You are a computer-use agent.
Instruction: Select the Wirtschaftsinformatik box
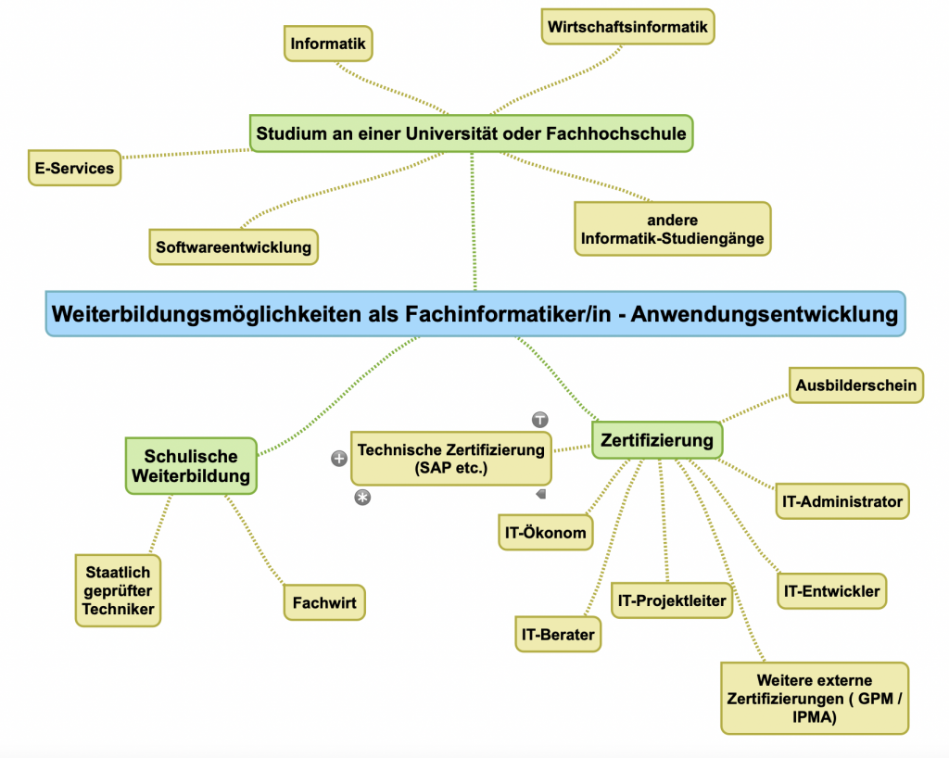pos(627,27)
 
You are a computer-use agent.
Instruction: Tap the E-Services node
pos(74,168)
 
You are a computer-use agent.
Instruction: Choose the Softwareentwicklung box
pos(234,247)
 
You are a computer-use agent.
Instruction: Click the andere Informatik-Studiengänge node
pos(672,229)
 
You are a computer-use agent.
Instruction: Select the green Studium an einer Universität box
pos(472,133)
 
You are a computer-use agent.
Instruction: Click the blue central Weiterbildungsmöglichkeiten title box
pos(475,314)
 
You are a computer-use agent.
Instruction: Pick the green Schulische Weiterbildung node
pos(191,466)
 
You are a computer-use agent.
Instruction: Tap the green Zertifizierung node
pos(657,439)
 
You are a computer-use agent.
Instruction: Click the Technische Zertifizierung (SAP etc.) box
pos(451,459)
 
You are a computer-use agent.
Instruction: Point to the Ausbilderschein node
pos(856,385)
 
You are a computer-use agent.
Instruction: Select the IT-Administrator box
pos(842,501)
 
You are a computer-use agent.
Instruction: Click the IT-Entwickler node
pos(831,591)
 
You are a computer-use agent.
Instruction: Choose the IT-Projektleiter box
pos(672,600)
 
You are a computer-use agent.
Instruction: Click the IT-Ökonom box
pos(545,533)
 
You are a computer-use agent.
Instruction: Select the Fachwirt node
pos(324,601)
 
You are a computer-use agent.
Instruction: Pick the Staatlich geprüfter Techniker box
pos(118,591)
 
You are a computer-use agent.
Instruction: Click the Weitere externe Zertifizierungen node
pos(815,699)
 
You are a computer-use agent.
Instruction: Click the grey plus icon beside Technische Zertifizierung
pos(339,458)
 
